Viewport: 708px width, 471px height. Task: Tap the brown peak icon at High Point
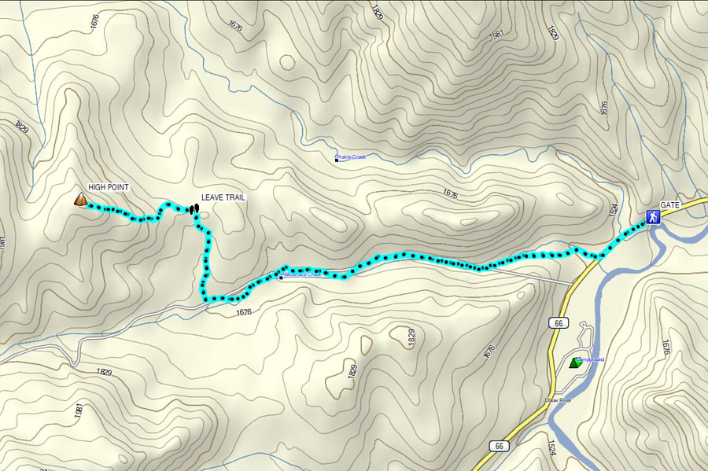point(80,201)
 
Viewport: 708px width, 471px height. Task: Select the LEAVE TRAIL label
point(223,197)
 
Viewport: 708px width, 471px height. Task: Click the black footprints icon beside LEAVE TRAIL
point(193,208)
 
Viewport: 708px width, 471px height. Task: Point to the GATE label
point(669,204)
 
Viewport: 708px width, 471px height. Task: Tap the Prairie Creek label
point(352,157)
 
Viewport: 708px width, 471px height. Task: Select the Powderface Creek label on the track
point(301,274)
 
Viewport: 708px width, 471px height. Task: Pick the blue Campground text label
point(591,359)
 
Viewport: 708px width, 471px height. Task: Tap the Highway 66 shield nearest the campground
point(557,323)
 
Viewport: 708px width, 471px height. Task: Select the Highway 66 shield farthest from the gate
point(499,446)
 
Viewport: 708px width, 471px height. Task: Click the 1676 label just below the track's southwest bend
point(242,313)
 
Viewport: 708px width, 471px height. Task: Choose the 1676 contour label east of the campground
point(665,346)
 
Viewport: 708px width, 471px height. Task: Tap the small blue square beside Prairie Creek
point(337,157)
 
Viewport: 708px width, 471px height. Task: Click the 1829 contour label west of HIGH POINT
point(21,126)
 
